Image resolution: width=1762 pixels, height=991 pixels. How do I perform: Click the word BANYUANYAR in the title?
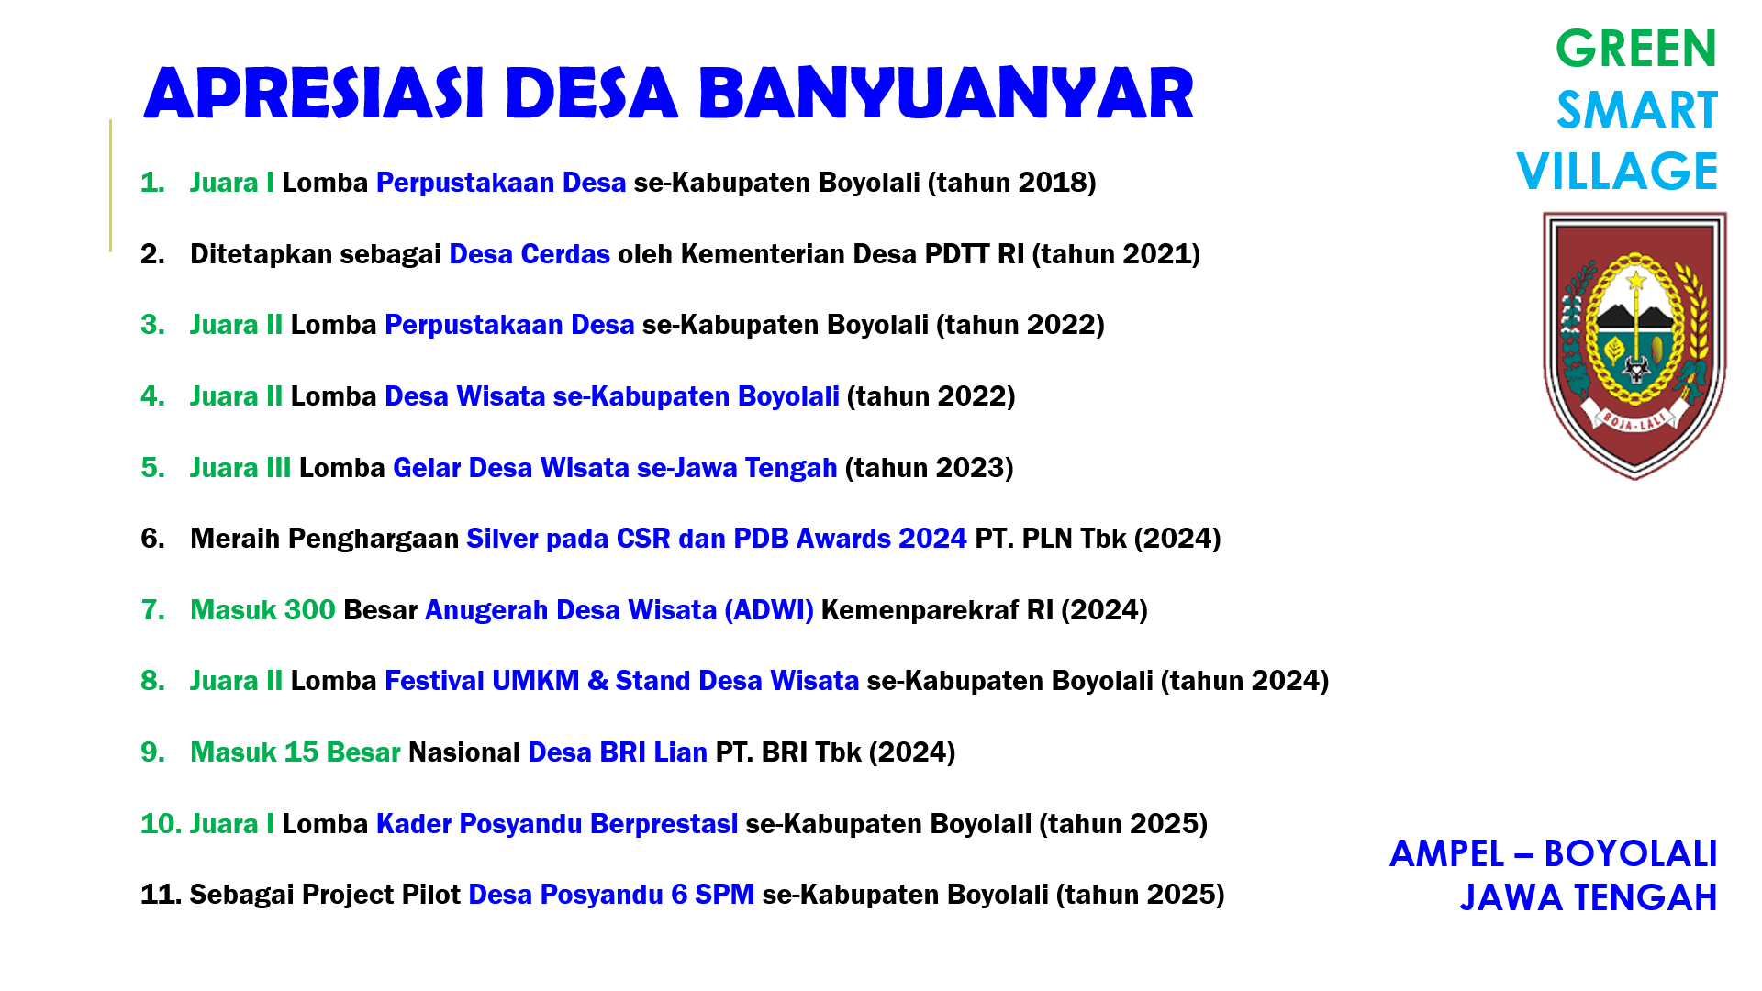click(945, 94)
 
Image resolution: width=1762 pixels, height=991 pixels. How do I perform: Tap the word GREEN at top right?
click(1635, 49)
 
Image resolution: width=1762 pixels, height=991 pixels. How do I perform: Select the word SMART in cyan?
click(1636, 110)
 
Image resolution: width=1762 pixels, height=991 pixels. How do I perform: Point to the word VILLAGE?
click(1617, 172)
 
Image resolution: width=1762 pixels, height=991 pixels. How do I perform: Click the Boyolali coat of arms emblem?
click(1634, 344)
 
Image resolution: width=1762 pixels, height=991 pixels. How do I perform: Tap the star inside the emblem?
click(1635, 279)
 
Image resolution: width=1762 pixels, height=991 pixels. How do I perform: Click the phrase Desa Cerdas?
click(530, 254)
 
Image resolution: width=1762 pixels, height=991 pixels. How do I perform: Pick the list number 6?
click(152, 539)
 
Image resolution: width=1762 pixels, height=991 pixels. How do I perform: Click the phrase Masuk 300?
click(262, 610)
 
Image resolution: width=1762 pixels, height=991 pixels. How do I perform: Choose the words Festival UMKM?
click(482, 681)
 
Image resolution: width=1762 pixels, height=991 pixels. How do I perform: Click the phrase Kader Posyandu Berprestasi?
click(557, 824)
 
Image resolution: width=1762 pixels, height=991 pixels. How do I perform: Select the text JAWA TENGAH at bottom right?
click(1588, 898)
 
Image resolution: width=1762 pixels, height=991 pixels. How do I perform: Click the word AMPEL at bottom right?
click(1446, 854)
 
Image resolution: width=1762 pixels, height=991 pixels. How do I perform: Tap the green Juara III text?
click(240, 468)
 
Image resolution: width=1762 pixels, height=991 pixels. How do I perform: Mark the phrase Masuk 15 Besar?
click(296, 752)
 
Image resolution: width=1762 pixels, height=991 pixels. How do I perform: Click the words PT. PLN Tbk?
click(1051, 539)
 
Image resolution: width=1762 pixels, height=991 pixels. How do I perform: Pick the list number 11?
click(160, 895)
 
